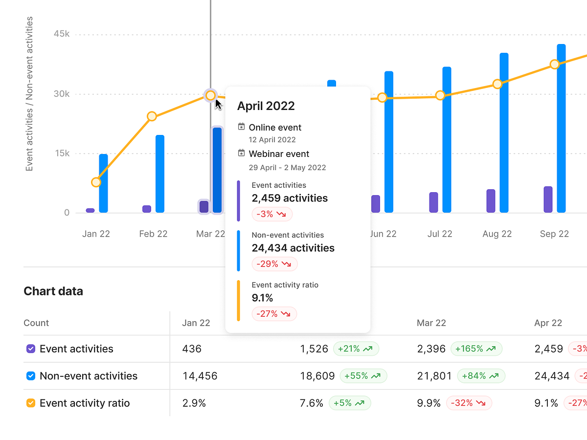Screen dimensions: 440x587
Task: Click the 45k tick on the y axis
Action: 62,34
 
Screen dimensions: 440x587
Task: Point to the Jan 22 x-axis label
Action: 96,234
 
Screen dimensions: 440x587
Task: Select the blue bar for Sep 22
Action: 561,128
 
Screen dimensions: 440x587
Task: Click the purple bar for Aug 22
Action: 491,200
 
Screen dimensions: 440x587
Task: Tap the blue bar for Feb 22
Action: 160,174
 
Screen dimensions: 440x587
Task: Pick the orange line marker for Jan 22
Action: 96,182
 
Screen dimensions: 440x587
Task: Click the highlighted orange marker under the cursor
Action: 210,95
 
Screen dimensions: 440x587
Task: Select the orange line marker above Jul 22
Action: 440,95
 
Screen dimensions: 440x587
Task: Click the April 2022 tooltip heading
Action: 266,106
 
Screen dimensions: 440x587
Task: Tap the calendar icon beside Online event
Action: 241,127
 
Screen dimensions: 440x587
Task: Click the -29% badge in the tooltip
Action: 274,264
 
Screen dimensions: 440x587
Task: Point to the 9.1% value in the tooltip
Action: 262,298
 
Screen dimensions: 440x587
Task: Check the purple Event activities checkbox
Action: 31,349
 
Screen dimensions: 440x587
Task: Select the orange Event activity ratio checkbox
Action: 31,403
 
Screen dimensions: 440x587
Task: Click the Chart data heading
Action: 53,291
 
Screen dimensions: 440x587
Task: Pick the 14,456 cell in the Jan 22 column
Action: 200,376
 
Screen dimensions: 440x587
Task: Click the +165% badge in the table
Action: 476,349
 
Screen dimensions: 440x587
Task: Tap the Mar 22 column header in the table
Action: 431,323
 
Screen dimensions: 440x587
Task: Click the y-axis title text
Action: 29,94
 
